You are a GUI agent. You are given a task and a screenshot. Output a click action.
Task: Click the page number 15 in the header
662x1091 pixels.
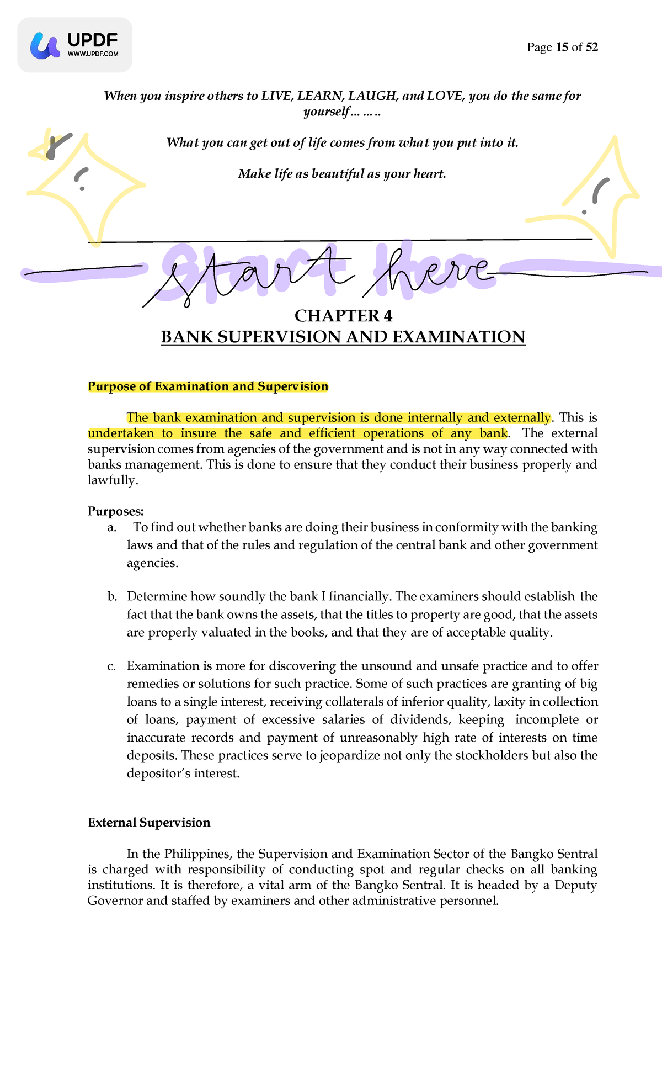tap(562, 47)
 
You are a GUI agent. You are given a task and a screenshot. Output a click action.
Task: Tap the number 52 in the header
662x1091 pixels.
tap(591, 47)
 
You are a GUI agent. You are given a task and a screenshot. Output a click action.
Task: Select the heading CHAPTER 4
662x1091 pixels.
tap(343, 316)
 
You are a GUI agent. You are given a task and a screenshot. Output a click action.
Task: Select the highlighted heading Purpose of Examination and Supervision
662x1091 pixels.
tap(208, 386)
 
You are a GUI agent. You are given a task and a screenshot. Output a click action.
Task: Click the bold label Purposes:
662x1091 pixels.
tap(115, 511)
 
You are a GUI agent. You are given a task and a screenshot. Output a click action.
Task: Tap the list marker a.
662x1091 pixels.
tap(112, 528)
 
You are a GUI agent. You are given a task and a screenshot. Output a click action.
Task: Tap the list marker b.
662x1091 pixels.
tap(113, 597)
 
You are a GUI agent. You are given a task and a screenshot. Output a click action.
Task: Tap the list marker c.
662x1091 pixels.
tap(112, 666)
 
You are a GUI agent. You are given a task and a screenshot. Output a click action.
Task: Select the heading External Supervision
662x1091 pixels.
tap(149, 823)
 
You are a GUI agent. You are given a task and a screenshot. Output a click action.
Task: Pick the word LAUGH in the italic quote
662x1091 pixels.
tap(372, 96)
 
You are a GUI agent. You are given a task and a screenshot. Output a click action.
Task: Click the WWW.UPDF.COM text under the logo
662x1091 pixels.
tap(93, 54)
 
